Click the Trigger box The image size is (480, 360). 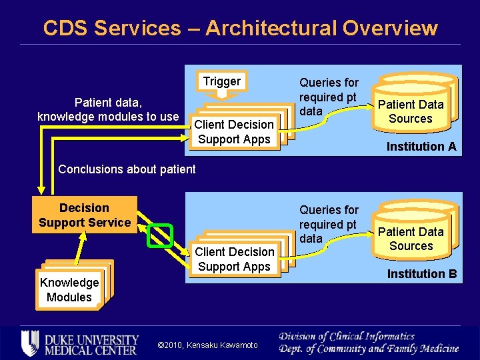[x=221, y=81]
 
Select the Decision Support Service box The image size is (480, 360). [x=85, y=215]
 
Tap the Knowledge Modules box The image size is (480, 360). [x=69, y=290]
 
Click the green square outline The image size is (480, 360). [x=160, y=235]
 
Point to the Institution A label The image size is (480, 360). [x=421, y=147]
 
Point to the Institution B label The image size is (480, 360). [x=422, y=274]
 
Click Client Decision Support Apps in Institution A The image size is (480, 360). [x=234, y=132]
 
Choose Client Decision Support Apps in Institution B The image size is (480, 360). [x=234, y=259]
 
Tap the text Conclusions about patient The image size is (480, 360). [x=127, y=169]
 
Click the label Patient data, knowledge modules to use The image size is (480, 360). [x=108, y=109]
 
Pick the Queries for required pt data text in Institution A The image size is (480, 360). [x=328, y=97]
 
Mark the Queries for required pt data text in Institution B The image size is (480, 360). [x=328, y=224]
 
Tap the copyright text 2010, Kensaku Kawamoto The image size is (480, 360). [x=207, y=345]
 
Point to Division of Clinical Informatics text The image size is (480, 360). [x=347, y=337]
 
